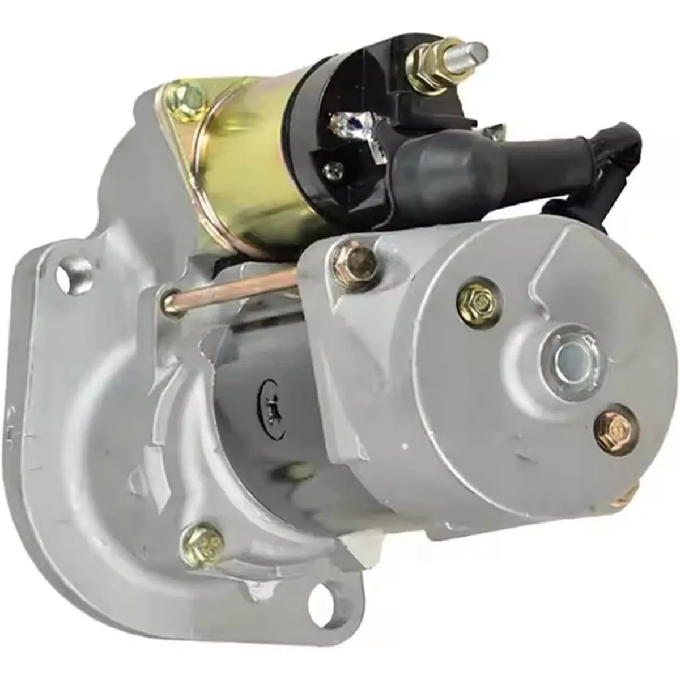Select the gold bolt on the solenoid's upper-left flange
[x=185, y=97]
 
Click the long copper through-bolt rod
[x=227, y=286]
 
